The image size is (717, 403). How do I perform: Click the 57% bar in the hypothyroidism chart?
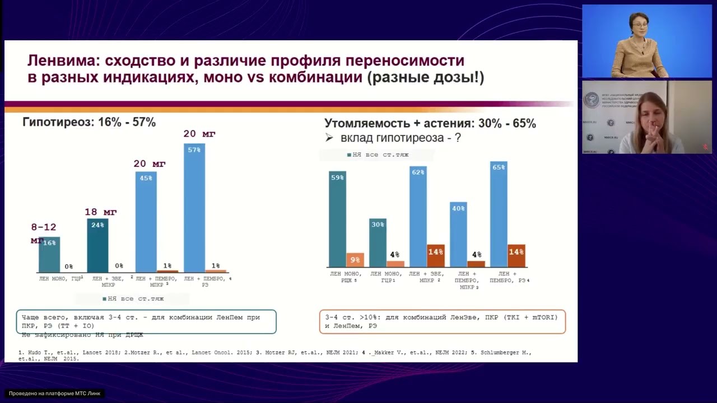[x=194, y=208]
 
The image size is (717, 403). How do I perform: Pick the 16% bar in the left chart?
[x=49, y=255]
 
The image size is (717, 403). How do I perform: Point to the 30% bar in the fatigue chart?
[x=378, y=243]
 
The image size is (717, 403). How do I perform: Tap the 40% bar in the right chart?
[x=458, y=235]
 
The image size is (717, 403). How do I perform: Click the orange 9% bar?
[x=355, y=260]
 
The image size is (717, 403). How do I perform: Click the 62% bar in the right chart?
[x=418, y=217]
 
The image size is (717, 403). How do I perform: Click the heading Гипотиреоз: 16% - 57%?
[x=89, y=122]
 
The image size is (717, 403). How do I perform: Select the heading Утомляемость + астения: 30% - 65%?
[x=430, y=124]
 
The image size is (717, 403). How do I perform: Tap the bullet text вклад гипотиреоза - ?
[x=400, y=138]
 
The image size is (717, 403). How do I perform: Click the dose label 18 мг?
[x=100, y=212]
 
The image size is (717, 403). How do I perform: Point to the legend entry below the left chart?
[x=133, y=299]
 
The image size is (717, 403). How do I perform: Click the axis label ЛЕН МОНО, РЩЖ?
[x=346, y=277]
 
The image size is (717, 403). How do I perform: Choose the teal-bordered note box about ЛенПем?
[x=146, y=321]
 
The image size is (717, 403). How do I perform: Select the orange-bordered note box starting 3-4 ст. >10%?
[x=442, y=321]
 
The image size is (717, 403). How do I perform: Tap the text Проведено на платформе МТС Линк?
[x=54, y=393]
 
